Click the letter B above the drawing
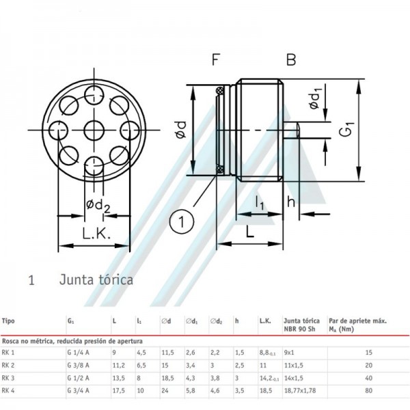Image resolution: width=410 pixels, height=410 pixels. click(x=291, y=61)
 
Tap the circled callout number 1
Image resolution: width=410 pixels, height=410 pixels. click(x=182, y=221)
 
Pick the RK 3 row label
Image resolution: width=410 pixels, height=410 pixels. click(x=10, y=377)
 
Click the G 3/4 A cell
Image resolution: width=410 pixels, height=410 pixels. click(x=79, y=391)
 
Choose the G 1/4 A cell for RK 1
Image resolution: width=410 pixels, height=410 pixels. click(x=79, y=352)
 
